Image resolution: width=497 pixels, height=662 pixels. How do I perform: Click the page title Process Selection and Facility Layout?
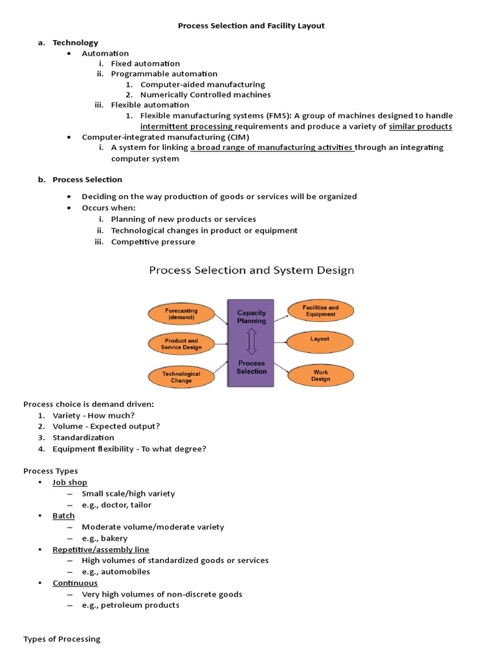(251, 26)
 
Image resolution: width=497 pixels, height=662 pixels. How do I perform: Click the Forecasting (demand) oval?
(181, 314)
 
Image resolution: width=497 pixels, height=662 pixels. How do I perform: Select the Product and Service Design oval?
(181, 344)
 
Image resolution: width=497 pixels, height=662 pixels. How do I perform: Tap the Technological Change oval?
(181, 377)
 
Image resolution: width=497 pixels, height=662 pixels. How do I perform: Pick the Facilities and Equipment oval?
(320, 310)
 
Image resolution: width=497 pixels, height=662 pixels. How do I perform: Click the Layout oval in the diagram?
(320, 339)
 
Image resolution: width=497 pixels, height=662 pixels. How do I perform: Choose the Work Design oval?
(320, 376)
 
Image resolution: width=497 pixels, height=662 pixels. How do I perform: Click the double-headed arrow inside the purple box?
(252, 341)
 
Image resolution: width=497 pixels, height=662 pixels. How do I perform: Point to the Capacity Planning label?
(252, 317)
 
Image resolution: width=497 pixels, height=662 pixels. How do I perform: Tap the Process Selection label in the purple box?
(252, 367)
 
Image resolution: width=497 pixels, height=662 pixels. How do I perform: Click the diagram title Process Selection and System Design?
(251, 270)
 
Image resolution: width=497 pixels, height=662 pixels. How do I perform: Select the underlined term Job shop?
(70, 482)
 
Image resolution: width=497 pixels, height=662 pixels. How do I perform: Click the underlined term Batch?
(63, 516)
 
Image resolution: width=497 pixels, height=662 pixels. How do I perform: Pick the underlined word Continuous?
(75, 583)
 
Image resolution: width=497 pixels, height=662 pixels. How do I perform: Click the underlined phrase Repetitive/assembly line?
(101, 550)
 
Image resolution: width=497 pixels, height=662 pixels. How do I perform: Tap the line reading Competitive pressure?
(153, 242)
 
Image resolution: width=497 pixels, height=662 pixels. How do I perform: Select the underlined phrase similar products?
(420, 126)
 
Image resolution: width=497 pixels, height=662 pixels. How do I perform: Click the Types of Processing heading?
(62, 639)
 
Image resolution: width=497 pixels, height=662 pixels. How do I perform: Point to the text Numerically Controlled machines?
(205, 94)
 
